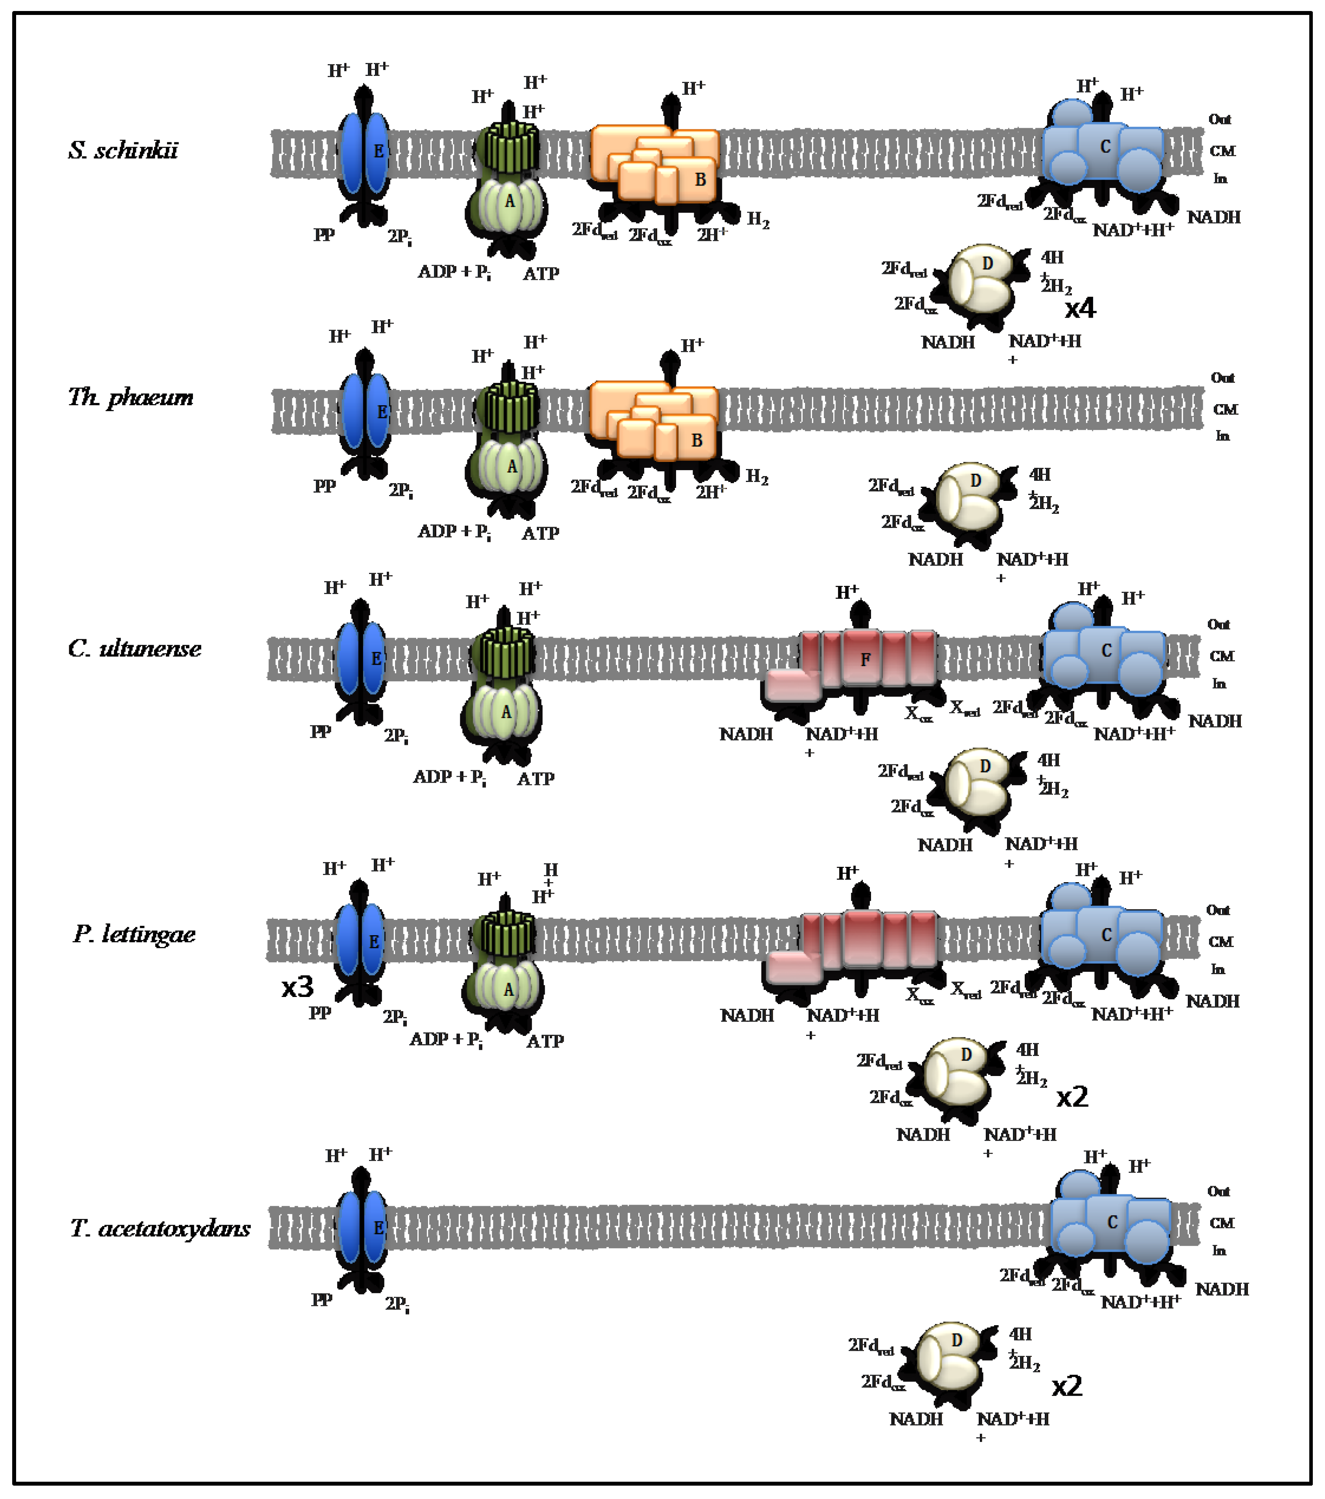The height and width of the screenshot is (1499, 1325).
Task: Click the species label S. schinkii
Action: (123, 150)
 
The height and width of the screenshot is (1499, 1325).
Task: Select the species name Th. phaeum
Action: (130, 397)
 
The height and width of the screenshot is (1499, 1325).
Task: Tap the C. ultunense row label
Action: (134, 648)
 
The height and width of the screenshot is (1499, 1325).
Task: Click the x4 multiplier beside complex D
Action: (1080, 308)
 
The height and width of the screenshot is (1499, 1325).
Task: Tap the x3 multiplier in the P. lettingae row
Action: (297, 987)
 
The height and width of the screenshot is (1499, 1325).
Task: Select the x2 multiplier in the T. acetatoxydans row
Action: (1067, 1386)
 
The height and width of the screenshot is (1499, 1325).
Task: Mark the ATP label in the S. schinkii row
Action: (541, 274)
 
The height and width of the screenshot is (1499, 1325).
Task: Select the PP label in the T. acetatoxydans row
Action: (321, 1300)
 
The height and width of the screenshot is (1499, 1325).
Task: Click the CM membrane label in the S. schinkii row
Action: (1222, 151)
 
